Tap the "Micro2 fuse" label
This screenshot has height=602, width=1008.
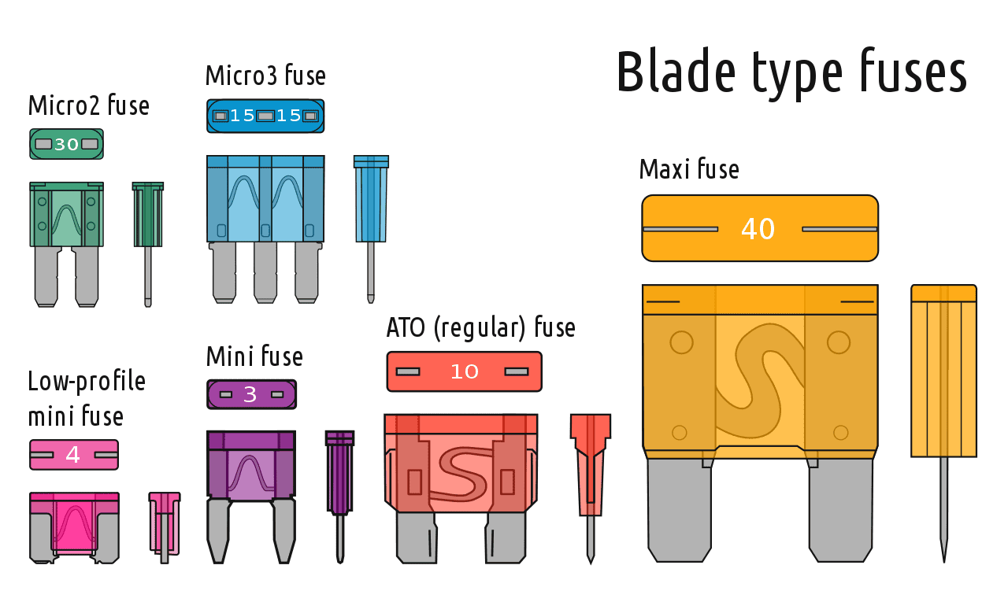click(x=89, y=105)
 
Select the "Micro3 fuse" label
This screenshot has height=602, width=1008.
click(x=265, y=75)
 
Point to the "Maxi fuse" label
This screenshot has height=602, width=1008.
click(x=689, y=169)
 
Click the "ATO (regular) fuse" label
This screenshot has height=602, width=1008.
click(x=480, y=327)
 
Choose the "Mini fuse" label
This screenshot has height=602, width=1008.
click(x=254, y=356)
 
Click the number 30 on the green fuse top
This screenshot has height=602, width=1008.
click(x=67, y=144)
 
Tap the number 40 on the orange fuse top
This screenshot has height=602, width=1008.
click(x=758, y=229)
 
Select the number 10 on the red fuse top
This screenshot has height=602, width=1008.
click(x=465, y=371)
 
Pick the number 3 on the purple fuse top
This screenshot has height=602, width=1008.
click(x=250, y=395)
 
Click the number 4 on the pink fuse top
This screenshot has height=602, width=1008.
click(x=73, y=455)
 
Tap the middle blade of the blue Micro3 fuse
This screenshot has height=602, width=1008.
click(x=265, y=272)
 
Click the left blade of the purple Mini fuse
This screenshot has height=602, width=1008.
click(x=219, y=531)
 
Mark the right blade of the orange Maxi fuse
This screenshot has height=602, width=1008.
click(x=840, y=510)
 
